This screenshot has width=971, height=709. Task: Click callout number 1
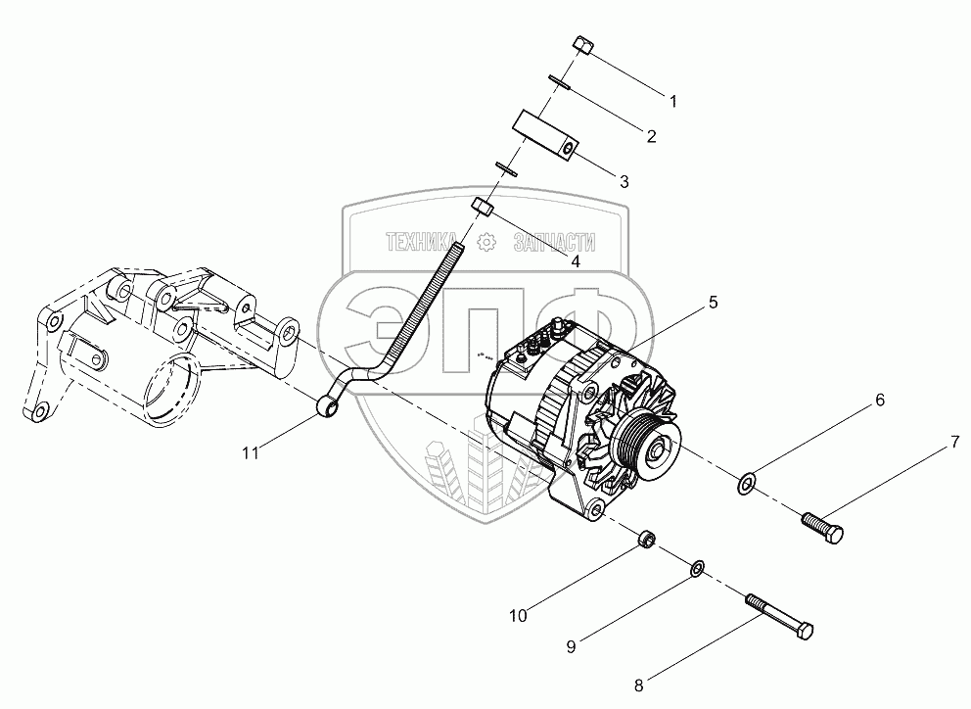pyautogui.click(x=672, y=100)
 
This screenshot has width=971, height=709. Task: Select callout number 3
pyautogui.click(x=624, y=181)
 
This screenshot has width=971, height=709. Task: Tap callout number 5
pyautogui.click(x=714, y=303)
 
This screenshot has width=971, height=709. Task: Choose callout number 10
pyautogui.click(x=518, y=616)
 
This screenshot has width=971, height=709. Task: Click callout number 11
pyautogui.click(x=252, y=451)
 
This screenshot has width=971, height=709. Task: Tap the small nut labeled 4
pyautogui.click(x=482, y=206)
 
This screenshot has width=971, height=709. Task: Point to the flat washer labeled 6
pyautogui.click(x=746, y=481)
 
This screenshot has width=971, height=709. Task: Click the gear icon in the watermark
pyautogui.click(x=485, y=241)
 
